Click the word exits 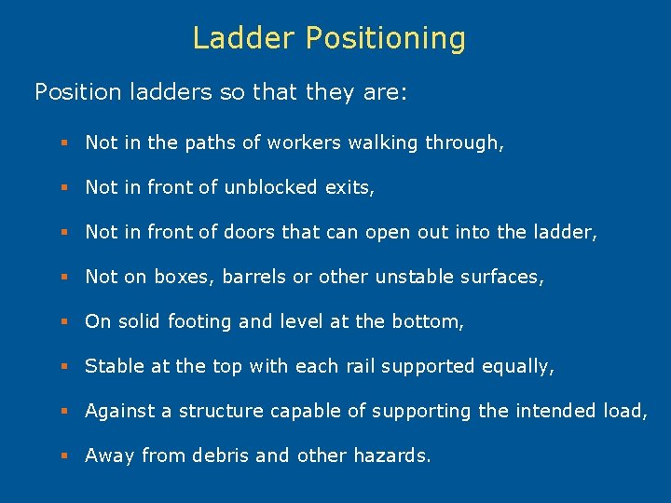(349, 187)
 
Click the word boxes (185, 277)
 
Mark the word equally (518, 367)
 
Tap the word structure (220, 411)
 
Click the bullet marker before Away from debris (64, 456)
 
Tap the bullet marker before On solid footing (64, 322)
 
